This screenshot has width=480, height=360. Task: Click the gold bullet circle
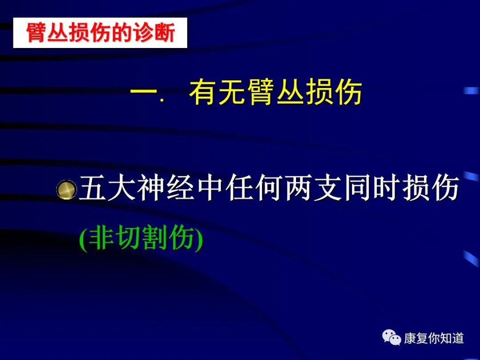(67, 189)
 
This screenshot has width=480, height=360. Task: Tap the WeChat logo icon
(391, 337)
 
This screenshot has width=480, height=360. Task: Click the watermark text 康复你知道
(433, 338)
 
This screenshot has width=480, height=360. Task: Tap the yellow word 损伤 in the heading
(334, 92)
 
